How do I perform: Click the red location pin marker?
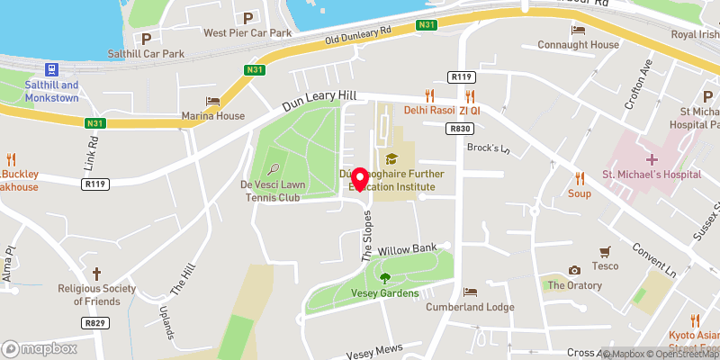360,178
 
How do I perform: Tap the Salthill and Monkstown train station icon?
52,69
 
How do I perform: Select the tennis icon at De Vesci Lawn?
273,167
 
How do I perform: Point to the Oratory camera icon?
574,270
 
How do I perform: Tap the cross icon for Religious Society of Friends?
96,273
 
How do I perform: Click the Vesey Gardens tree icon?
385,278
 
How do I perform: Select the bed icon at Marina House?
212,101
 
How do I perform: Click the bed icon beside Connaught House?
578,30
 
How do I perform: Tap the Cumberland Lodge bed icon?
470,292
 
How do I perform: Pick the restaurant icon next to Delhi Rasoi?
429,94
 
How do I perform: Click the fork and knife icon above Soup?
577,177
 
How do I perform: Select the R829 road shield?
94,322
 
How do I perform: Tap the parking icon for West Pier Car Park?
247,17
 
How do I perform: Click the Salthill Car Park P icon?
146,38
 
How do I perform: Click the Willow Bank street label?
407,247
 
